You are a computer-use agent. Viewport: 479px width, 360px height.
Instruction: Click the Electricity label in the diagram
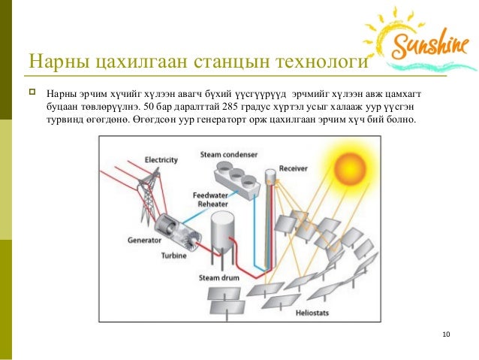pos(161,160)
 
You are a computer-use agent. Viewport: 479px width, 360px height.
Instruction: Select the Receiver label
pos(293,168)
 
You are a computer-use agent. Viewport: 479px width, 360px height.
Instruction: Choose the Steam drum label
pos(218,277)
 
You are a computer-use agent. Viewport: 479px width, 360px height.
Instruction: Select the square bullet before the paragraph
pos(32,92)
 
